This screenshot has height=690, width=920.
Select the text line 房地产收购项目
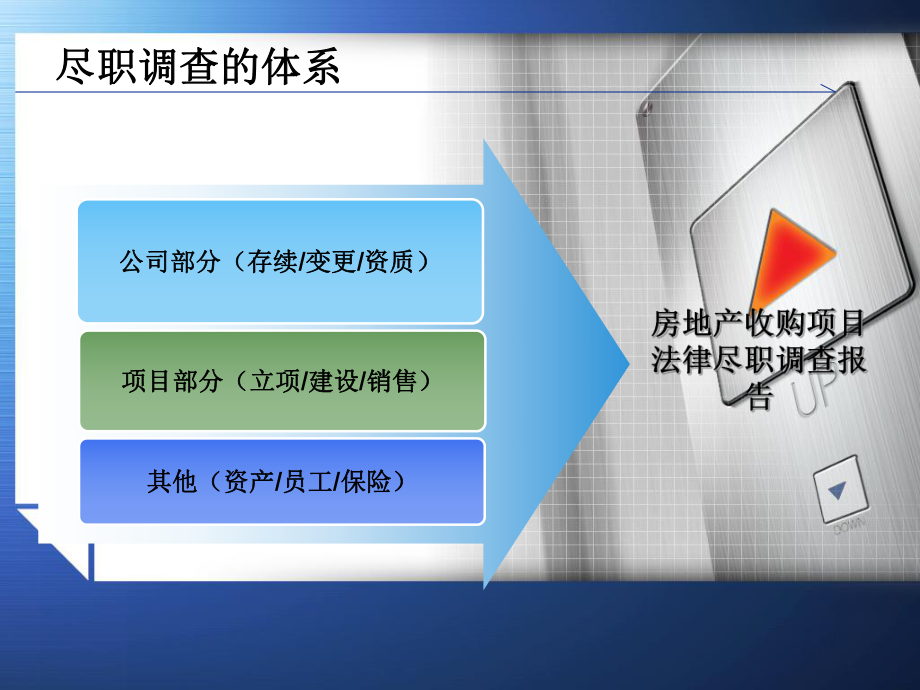pos(758,325)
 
